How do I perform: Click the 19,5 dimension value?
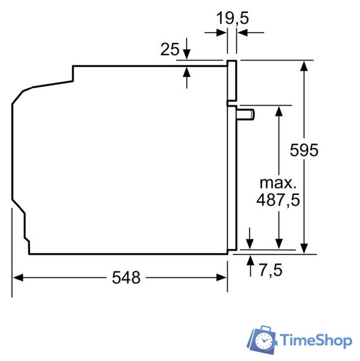pyautogui.click(x=233, y=18)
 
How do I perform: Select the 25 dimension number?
pyautogui.click(x=170, y=50)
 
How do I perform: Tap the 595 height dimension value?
pyautogui.click(x=304, y=151)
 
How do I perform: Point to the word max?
pyautogui.click(x=277, y=183)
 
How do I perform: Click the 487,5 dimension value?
pyautogui.click(x=277, y=200)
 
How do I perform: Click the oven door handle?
pyautogui.click(x=246, y=115)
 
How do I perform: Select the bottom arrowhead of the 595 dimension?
pyautogui.click(x=304, y=248)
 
